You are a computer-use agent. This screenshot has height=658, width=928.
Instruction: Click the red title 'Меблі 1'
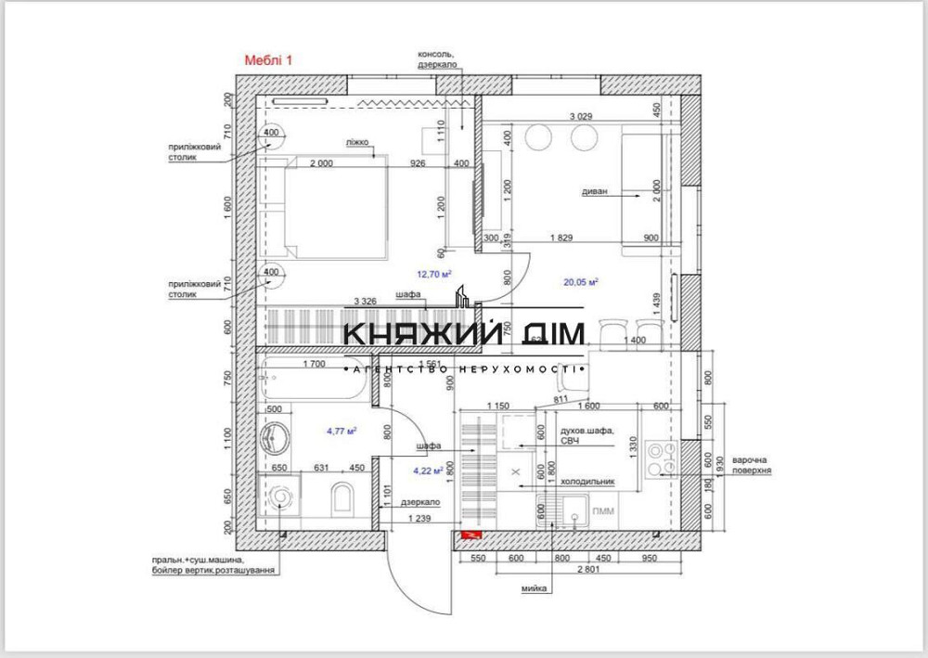point(268,59)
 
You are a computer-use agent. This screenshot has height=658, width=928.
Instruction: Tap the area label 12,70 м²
point(434,274)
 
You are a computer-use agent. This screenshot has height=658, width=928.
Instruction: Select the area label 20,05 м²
point(581,281)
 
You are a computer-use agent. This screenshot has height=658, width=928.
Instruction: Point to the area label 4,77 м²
point(342,431)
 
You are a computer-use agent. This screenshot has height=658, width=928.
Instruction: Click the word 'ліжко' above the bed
point(358,143)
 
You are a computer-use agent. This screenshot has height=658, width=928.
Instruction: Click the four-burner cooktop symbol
point(662,455)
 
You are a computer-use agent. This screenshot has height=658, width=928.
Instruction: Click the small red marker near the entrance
point(469,535)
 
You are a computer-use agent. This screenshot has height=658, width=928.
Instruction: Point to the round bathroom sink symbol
point(276,435)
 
